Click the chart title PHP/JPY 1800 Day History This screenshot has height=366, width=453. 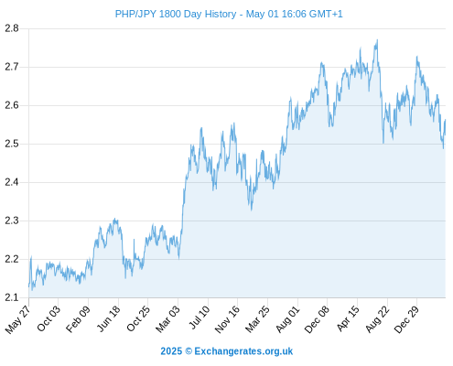(176, 14)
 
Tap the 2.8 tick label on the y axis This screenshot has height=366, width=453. (12, 28)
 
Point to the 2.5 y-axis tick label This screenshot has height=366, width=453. (12, 144)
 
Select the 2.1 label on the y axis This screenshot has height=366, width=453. (12, 297)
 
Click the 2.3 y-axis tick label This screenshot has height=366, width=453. (12, 221)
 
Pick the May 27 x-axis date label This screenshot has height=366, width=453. (18, 319)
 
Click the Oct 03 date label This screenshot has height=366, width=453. (49, 318)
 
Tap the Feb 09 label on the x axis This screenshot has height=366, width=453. (79, 318)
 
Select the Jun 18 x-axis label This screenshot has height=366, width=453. (109, 318)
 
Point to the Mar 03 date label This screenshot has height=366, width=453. (168, 319)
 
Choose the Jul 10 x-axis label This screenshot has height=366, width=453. (200, 318)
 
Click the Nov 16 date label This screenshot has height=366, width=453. (227, 319)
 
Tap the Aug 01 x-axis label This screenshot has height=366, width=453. (288, 319)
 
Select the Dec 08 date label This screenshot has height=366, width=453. (318, 319)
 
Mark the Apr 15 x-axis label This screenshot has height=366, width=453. (349, 318)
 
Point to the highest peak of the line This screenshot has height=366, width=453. (377, 39)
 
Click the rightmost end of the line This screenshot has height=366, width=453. (446, 120)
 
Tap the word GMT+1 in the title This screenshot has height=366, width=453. (326, 14)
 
